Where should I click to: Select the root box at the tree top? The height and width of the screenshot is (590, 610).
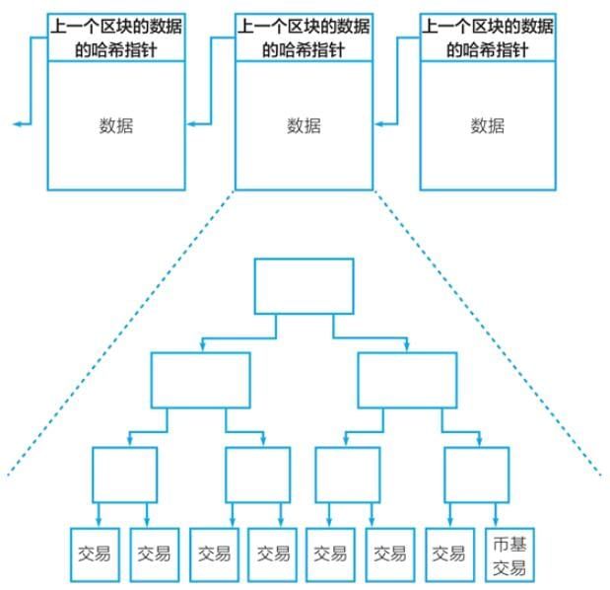click(x=304, y=286)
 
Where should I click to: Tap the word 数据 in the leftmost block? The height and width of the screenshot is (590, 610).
click(x=116, y=125)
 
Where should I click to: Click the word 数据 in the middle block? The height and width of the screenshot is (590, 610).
click(x=304, y=125)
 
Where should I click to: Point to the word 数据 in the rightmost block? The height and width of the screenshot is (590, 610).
click(x=487, y=125)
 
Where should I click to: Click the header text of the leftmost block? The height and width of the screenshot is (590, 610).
click(x=116, y=37)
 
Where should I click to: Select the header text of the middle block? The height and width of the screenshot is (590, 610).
click(x=304, y=37)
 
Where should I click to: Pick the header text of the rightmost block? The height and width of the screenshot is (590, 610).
click(x=487, y=37)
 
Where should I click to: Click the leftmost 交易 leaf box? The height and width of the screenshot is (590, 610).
click(x=96, y=554)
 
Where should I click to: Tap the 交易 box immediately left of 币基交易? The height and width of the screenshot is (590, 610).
click(x=448, y=554)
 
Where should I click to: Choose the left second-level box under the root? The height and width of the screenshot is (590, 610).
click(x=200, y=381)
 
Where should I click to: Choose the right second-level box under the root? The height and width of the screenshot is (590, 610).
click(x=407, y=381)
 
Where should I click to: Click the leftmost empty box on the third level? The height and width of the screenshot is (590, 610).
click(x=124, y=476)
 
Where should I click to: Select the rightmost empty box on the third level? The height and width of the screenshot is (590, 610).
click(x=477, y=476)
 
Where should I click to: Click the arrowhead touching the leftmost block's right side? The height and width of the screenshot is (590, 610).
click(x=191, y=124)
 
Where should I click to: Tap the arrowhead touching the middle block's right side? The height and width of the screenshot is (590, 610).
click(x=378, y=124)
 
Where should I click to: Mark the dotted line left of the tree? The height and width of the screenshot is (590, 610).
click(x=118, y=335)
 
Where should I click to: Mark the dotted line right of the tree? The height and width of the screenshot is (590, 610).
click(x=488, y=335)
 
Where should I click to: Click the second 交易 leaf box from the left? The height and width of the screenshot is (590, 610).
click(x=154, y=554)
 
